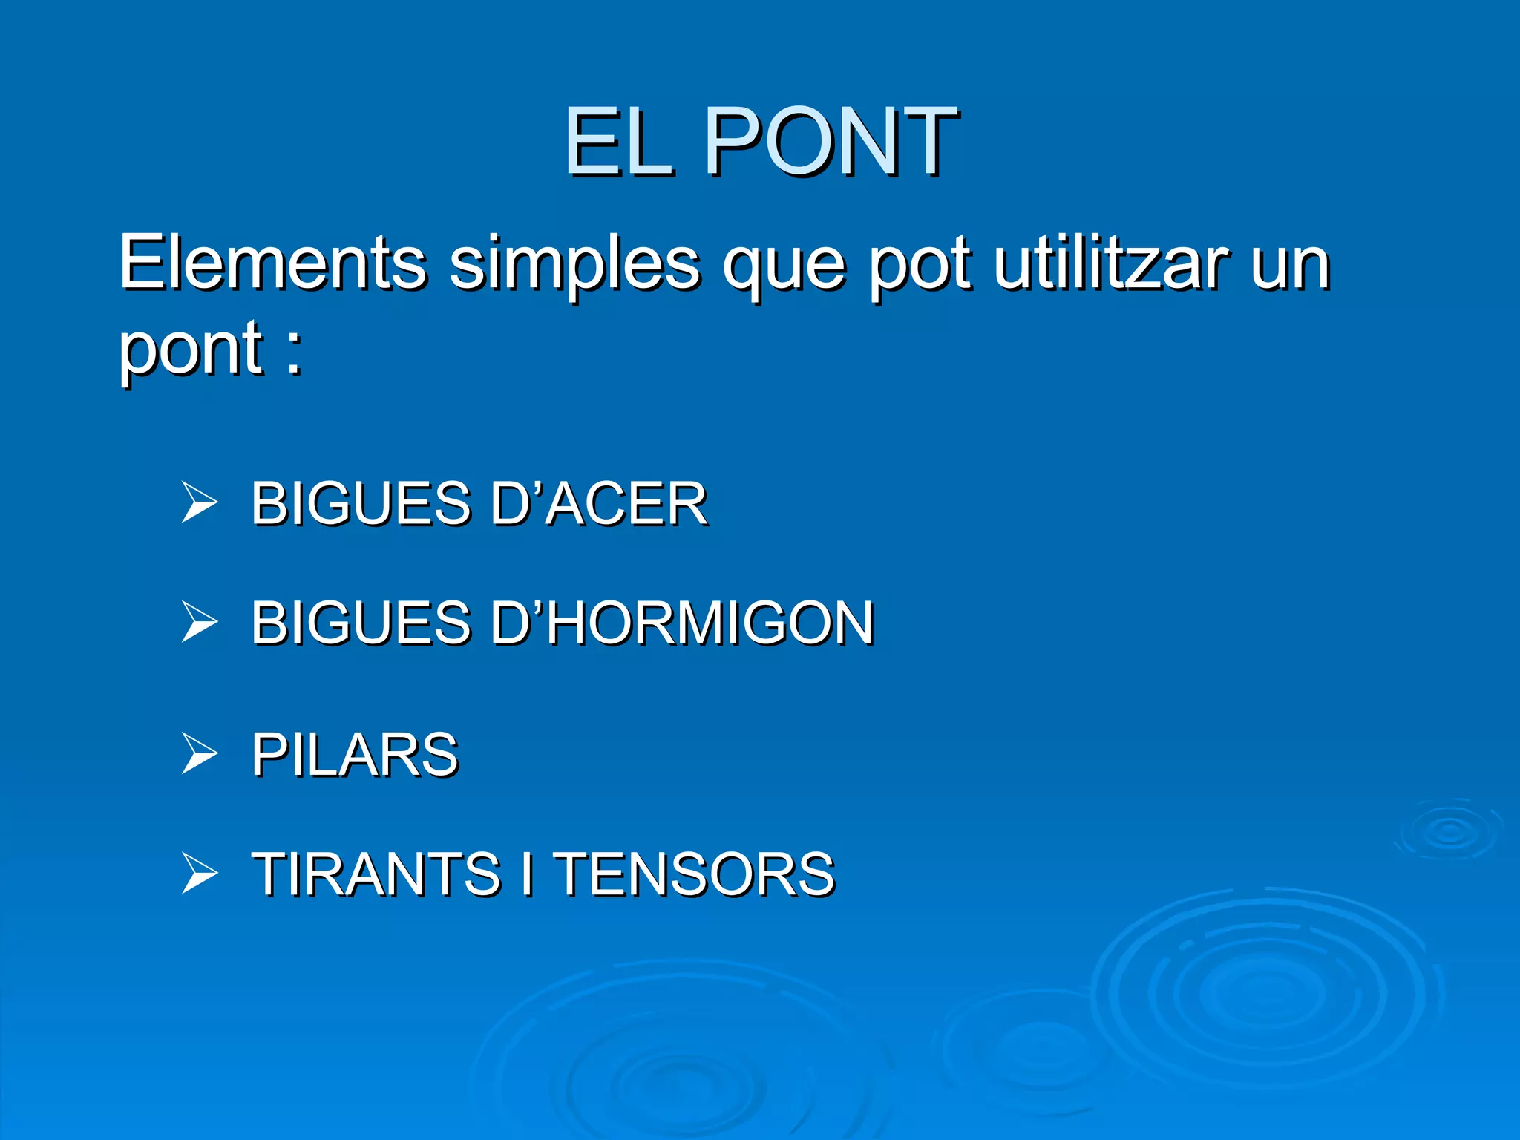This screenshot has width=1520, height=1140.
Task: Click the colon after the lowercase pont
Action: pyautogui.click(x=294, y=353)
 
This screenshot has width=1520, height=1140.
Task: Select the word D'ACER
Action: pyautogui.click(x=598, y=503)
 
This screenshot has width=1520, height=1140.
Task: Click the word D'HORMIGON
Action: pyautogui.click(x=682, y=622)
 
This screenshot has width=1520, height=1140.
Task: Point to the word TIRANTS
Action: pyautogui.click(x=376, y=874)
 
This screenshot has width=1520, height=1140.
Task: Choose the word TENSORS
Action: pyautogui.click(x=695, y=874)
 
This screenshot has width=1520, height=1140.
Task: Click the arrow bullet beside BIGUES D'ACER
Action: pyautogui.click(x=199, y=502)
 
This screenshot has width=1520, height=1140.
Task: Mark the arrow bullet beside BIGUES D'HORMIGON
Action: pyautogui.click(x=199, y=621)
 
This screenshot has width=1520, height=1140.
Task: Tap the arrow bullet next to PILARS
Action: pyautogui.click(x=199, y=754)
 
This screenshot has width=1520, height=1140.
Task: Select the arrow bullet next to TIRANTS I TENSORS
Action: pyautogui.click(x=199, y=873)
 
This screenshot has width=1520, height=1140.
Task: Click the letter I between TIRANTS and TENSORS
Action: pyautogui.click(x=527, y=874)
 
